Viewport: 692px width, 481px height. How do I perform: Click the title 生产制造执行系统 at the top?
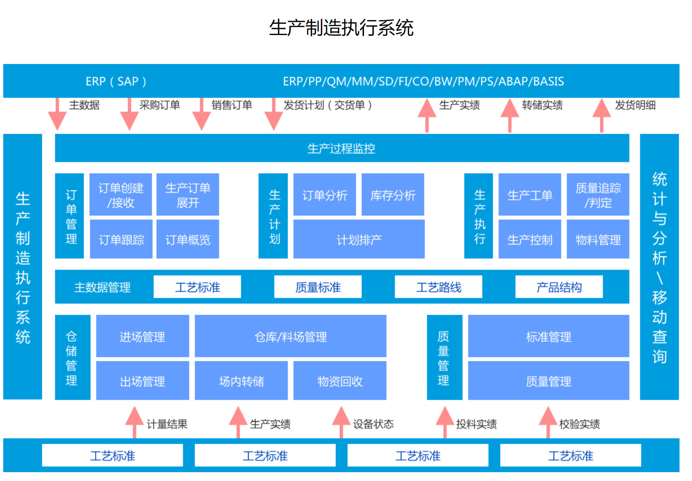tap(341, 28)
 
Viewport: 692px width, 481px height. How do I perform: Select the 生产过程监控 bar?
tap(342, 148)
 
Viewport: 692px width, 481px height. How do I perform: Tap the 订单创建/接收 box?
tap(121, 195)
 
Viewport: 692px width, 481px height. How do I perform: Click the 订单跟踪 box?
tap(121, 239)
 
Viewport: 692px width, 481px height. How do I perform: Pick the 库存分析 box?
tap(393, 195)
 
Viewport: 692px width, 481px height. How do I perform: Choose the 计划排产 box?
tap(359, 239)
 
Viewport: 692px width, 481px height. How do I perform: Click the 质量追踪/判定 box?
tap(598, 195)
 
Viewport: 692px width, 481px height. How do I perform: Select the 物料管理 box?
tap(598, 239)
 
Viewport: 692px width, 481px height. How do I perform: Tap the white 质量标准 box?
tap(318, 287)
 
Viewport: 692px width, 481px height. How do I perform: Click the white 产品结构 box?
tap(559, 287)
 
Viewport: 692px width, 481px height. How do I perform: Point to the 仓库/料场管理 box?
tap(290, 336)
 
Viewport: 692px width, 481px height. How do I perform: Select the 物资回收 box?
tap(340, 380)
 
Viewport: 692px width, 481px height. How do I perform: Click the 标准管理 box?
tap(548, 336)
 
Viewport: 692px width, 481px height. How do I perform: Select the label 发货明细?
tap(635, 105)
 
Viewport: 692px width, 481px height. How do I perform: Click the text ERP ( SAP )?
tap(116, 81)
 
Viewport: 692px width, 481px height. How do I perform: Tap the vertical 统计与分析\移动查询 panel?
tap(659, 266)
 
